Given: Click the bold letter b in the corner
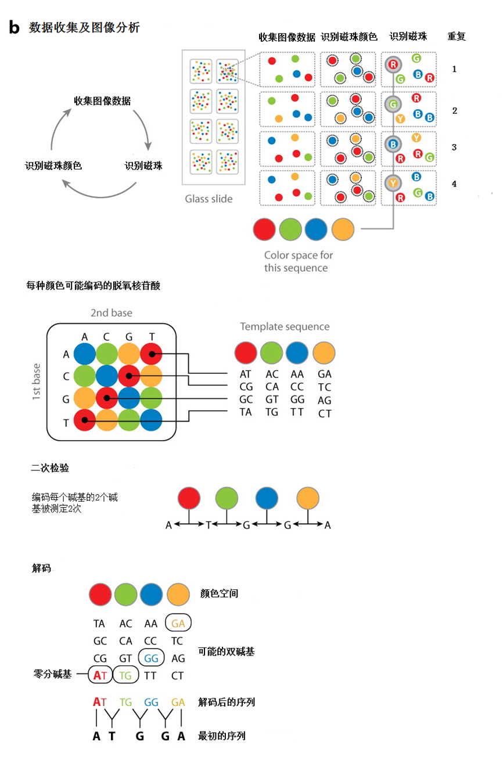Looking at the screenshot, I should click(15, 27).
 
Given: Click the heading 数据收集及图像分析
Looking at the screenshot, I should click(84, 27).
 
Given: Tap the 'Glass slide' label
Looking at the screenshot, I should click(209, 199).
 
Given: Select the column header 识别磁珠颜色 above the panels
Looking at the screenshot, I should click(348, 37).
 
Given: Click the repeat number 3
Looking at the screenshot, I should click(454, 147).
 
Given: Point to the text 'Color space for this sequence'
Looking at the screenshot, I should click(299, 261).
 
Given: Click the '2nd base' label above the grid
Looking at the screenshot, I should click(111, 313).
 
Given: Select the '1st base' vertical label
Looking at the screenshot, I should click(36, 381).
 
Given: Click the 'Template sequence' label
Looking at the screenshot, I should click(285, 327).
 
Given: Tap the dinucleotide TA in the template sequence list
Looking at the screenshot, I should click(246, 412).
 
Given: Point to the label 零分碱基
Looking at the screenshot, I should click(53, 675).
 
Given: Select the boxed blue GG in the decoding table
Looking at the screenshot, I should click(152, 658).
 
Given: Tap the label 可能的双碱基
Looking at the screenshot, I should click(227, 651).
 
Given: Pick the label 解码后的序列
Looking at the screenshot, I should click(227, 702).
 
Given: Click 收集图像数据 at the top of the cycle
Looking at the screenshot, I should click(102, 101).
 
